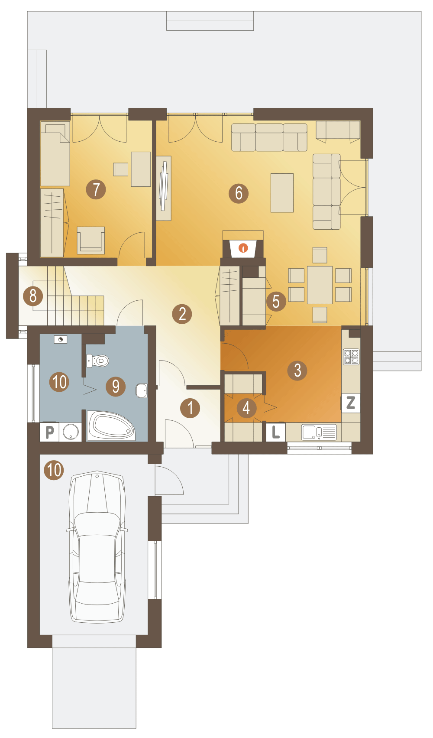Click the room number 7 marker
[96, 189]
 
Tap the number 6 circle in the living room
[239, 193]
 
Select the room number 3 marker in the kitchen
[297, 371]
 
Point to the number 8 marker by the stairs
[33, 296]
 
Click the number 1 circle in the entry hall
[190, 408]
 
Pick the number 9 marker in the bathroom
[116, 386]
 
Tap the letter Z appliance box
[351, 403]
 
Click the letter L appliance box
[276, 432]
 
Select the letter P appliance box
[49, 432]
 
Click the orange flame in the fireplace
[243, 248]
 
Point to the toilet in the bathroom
[97, 361]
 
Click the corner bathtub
[111, 426]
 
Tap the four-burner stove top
[351, 357]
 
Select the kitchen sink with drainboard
[319, 432]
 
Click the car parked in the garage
[97, 547]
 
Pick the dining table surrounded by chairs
[320, 285]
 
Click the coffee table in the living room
[282, 193]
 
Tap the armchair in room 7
[91, 240]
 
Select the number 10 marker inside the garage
[54, 470]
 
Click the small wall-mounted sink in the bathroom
[142, 391]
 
